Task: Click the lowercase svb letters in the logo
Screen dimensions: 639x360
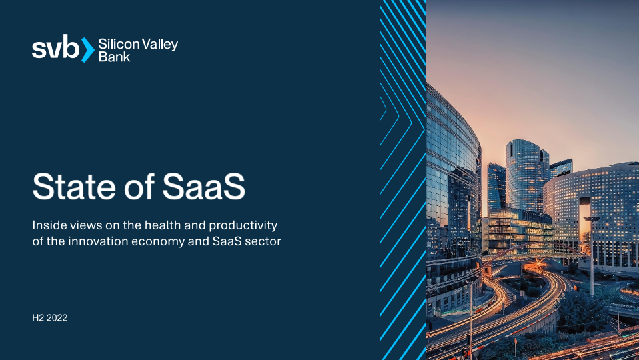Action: click(x=55, y=47)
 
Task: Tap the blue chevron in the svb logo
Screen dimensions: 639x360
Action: click(x=88, y=50)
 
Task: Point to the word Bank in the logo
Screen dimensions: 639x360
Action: click(x=114, y=57)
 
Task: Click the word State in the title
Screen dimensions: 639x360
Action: click(x=74, y=186)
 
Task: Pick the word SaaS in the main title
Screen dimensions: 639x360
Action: click(x=203, y=186)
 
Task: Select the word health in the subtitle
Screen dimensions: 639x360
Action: click(x=161, y=225)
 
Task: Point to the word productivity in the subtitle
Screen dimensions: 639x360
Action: click(x=243, y=226)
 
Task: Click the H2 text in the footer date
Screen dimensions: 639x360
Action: click(x=38, y=318)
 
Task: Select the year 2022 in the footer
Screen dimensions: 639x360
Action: click(x=57, y=318)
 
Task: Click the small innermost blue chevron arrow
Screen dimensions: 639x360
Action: click(x=384, y=108)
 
